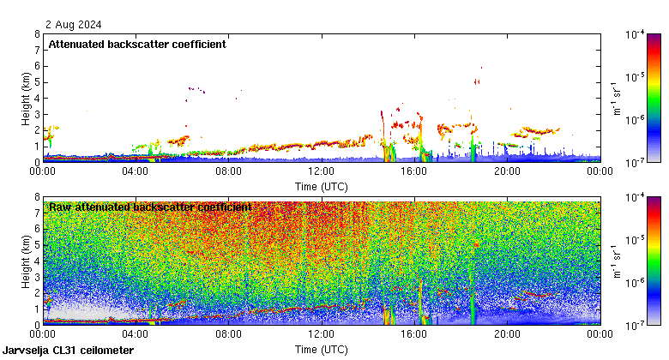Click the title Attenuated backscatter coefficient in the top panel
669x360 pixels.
click(x=137, y=45)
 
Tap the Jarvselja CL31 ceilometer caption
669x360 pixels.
click(x=69, y=351)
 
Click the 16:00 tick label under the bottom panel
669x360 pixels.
click(x=414, y=335)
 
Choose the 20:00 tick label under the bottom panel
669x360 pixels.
click(x=507, y=335)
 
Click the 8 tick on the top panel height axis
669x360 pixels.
click(x=36, y=34)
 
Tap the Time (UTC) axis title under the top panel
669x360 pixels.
click(x=321, y=185)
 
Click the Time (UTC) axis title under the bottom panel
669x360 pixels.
click(x=321, y=350)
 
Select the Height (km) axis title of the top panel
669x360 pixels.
click(x=25, y=98)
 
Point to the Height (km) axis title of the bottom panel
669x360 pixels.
click(x=25, y=261)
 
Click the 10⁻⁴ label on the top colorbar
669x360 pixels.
click(x=636, y=35)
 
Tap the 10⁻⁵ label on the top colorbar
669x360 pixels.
click(x=636, y=77)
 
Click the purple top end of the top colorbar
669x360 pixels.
click(x=654, y=37)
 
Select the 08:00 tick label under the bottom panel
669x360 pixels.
click(x=228, y=335)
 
